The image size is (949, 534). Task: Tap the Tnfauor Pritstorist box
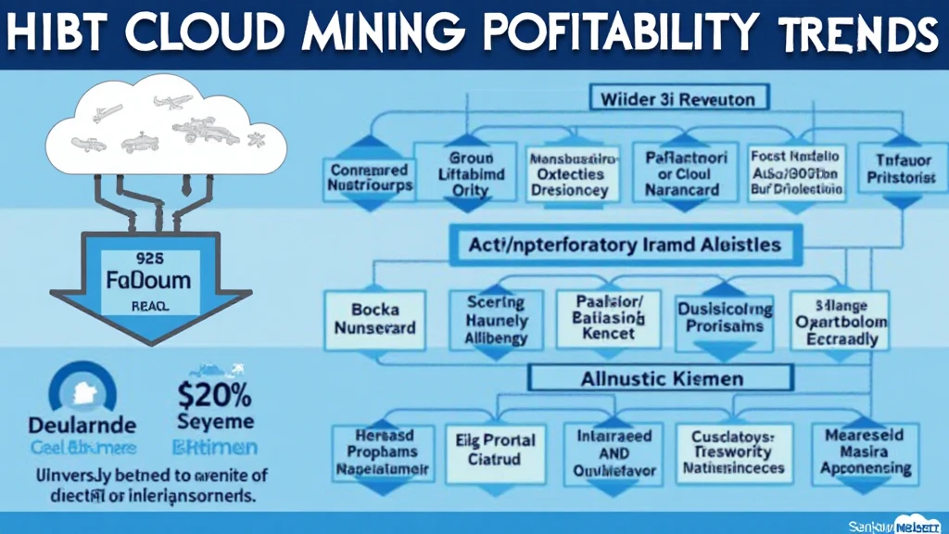[896, 173]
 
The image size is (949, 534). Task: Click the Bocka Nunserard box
[375, 317]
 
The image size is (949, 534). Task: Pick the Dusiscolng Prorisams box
[725, 318]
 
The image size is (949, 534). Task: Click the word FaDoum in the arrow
[150, 279]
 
